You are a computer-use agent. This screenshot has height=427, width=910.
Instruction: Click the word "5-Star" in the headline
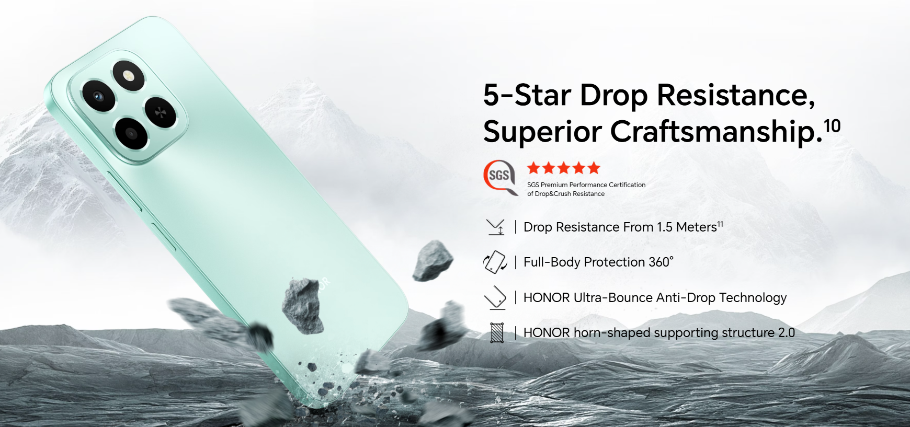coord(527,95)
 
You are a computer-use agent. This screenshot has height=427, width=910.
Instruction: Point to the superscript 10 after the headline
coord(832,125)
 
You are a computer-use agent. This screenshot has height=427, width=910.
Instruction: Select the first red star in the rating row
coord(533,168)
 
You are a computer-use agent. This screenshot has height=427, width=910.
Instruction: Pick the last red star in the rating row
coord(594,168)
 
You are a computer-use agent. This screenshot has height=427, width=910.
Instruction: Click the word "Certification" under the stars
coord(627,184)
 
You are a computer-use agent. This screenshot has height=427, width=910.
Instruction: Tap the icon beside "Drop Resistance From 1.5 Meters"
coord(495,227)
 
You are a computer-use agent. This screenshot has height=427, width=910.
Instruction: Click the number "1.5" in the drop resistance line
coord(665,227)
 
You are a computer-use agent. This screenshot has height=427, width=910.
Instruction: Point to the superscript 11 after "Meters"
coord(720,224)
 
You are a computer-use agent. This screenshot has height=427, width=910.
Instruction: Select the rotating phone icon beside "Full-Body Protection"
coord(495,262)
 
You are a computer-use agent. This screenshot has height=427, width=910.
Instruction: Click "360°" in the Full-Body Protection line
coord(661,262)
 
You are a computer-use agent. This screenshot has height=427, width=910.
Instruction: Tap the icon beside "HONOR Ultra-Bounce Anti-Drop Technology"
coord(495,298)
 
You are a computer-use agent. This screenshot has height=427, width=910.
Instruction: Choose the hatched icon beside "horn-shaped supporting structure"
coord(497,332)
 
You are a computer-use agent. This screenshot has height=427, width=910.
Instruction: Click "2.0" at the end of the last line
coord(786,332)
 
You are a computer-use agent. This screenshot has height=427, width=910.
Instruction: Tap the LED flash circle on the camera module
coord(128,76)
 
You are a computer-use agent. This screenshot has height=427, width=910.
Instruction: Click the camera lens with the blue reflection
coord(98,96)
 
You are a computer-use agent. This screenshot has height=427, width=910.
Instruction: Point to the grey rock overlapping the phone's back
coord(302,305)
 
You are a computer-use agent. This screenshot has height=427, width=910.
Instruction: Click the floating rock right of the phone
coord(433,260)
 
